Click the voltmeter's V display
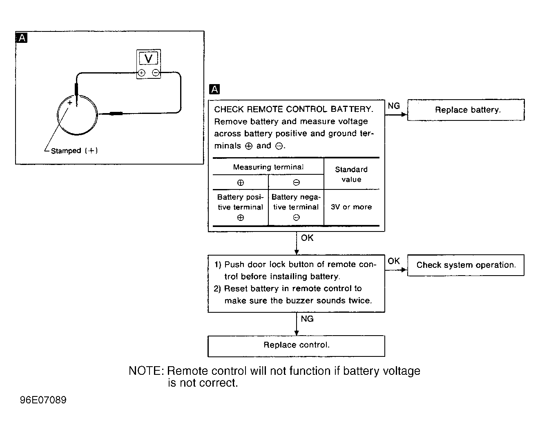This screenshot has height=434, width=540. point(149,58)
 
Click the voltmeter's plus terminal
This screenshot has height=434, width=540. point(141,73)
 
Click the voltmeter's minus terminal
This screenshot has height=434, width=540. point(156,73)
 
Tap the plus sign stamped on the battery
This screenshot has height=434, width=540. point(70,102)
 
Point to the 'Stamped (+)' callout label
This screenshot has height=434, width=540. point(74,151)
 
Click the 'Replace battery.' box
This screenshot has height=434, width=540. point(466,110)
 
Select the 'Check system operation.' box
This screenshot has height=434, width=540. point(466,265)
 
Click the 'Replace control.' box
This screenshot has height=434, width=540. point(297,346)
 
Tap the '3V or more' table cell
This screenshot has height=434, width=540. point(351,207)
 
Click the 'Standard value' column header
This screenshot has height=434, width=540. point(351,174)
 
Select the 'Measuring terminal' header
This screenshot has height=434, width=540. point(268,167)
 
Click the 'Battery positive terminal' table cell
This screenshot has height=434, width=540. point(241,207)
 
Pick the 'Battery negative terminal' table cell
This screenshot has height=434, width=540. point(296,207)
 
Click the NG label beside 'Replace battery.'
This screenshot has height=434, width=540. point(394,106)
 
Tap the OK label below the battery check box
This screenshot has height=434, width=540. point(307,238)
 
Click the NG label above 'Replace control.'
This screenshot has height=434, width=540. point(307,319)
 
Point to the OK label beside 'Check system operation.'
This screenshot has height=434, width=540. point(393,261)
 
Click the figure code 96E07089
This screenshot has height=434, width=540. point(43,400)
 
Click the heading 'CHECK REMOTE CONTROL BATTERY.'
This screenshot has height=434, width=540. point(294,109)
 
